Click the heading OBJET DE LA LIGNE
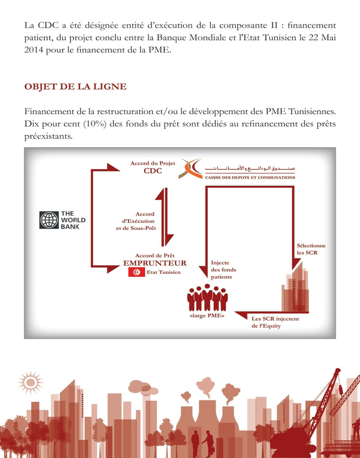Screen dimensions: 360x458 (x=75, y=86)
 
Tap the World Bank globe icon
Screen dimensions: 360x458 (x=49, y=220)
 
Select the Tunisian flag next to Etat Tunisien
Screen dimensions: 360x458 (x=137, y=272)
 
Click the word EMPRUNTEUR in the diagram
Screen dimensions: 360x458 (x=155, y=263)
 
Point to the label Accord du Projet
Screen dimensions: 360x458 (x=153, y=163)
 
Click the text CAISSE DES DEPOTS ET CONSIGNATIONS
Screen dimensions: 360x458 (x=250, y=178)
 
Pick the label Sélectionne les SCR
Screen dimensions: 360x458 (x=311, y=249)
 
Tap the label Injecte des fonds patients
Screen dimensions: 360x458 (x=223, y=270)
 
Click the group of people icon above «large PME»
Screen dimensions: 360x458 (x=207, y=297)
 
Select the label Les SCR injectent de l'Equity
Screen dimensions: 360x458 (x=275, y=322)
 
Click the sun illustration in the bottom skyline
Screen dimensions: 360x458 (x=30, y=382)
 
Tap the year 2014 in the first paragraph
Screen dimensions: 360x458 (x=34, y=50)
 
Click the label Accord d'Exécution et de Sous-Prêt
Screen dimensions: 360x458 (x=136, y=221)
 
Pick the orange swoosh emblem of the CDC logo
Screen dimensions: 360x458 (x=191, y=169)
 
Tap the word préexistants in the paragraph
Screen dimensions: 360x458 (x=49, y=136)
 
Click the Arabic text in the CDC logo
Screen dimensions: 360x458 (x=250, y=169)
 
